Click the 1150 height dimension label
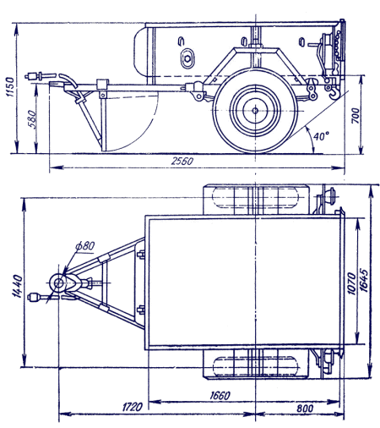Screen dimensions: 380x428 click(10, 86)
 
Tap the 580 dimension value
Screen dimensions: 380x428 click(32, 119)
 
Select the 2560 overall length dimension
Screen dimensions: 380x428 click(182, 161)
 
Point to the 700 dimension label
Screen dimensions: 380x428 click(356, 115)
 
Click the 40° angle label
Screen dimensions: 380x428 click(321, 136)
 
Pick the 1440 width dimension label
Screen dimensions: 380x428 click(17, 286)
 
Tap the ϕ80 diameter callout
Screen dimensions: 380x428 click(85, 246)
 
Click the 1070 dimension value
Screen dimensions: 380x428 click(351, 283)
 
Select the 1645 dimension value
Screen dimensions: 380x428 click(363, 281)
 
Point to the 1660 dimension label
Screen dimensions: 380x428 click(220, 396)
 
